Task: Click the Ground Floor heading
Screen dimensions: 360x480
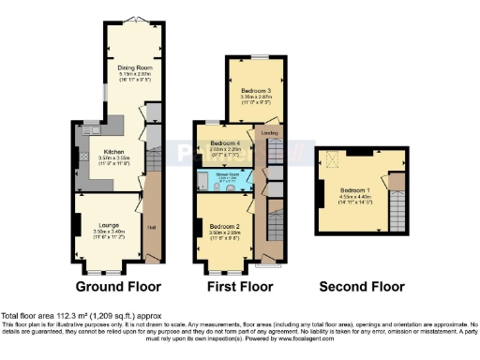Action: click(x=118, y=287)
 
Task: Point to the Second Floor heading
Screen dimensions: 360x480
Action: click(x=362, y=287)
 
